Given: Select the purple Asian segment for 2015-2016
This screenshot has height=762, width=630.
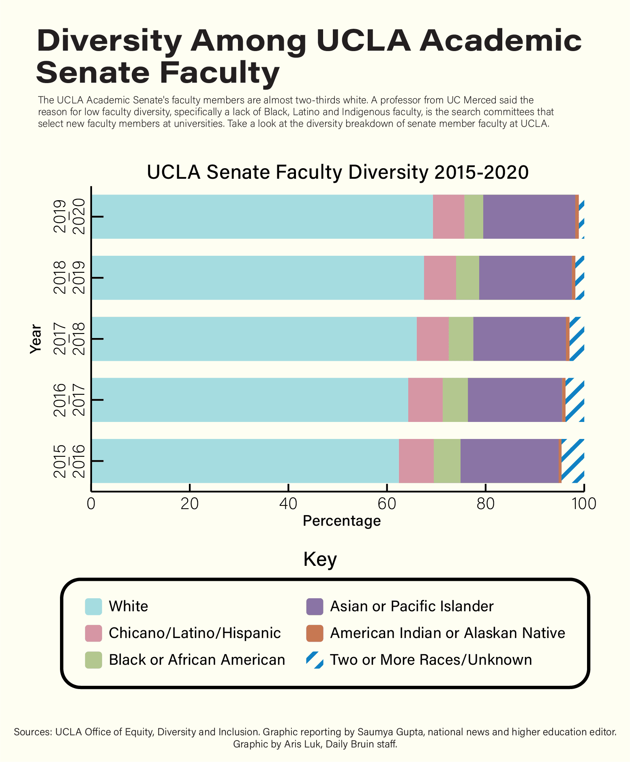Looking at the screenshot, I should (509, 461).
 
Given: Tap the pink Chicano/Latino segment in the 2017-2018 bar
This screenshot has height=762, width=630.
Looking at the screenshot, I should (433, 339).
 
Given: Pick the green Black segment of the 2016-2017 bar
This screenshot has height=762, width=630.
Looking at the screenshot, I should (455, 400).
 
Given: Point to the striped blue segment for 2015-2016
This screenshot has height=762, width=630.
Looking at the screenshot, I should (572, 461).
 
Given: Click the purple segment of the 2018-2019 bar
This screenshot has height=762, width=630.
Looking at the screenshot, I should (525, 278).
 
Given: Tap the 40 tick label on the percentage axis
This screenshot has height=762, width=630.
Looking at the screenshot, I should (288, 504).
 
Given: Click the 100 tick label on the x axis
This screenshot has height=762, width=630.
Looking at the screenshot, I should (583, 504).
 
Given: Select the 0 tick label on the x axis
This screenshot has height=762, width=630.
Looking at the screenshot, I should (91, 504).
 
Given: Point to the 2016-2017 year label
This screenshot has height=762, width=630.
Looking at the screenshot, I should (69, 400).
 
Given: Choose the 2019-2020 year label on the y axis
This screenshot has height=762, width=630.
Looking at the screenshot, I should (69, 216).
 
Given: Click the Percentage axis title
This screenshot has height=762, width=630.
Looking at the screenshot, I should (342, 521).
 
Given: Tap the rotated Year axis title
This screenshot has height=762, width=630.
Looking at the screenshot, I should (36, 339).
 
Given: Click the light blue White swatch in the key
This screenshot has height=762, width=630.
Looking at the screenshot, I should (93, 606).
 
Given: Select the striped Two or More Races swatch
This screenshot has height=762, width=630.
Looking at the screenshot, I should (315, 660).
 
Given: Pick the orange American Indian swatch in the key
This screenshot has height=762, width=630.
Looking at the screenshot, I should (315, 633).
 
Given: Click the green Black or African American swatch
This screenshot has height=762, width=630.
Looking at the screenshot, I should (93, 660).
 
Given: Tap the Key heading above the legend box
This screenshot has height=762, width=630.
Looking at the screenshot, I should (320, 560).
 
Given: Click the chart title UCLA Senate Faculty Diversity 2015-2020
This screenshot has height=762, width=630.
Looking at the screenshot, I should (337, 172).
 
